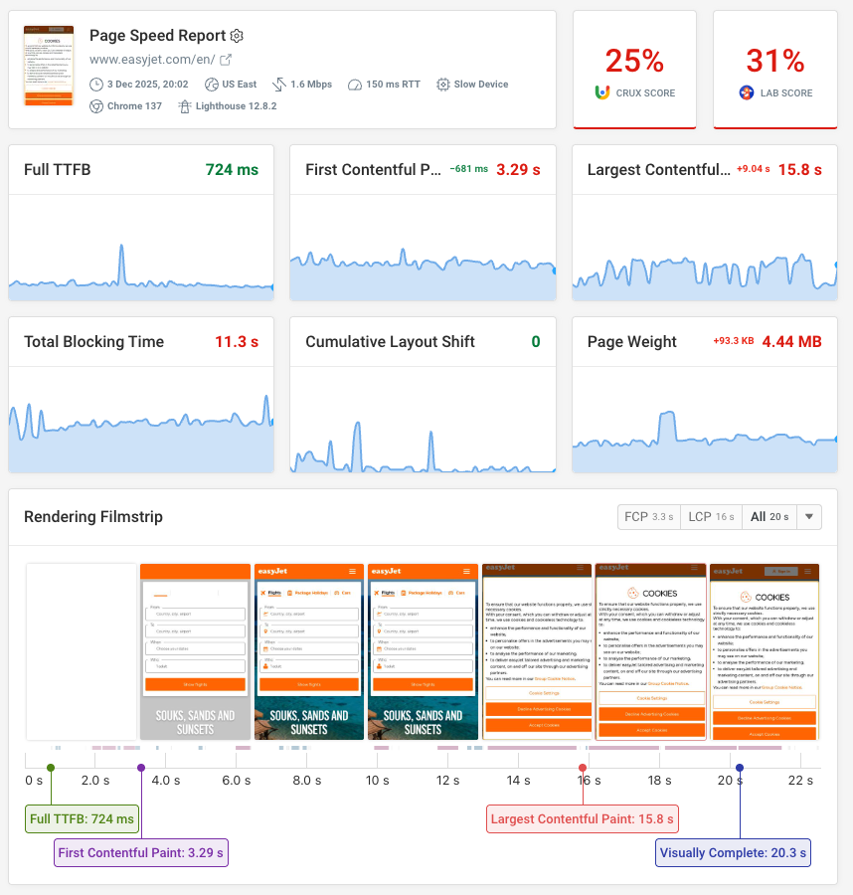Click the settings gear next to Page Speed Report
point(237,36)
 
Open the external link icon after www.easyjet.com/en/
point(226,60)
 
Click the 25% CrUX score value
point(634,62)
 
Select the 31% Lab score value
point(774,62)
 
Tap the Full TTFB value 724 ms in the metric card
point(232,170)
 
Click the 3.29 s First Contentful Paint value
point(518,170)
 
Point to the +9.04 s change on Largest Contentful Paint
point(753,170)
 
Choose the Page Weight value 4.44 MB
point(791,342)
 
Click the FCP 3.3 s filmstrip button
point(648,517)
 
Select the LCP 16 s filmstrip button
point(711,517)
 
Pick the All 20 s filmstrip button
point(769,517)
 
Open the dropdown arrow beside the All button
point(810,517)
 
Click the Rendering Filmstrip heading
point(92,517)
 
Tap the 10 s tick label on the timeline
point(377,781)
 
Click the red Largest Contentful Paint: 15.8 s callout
point(583,819)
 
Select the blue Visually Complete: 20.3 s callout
point(734,852)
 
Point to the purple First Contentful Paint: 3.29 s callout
point(141,852)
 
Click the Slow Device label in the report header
point(480,85)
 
